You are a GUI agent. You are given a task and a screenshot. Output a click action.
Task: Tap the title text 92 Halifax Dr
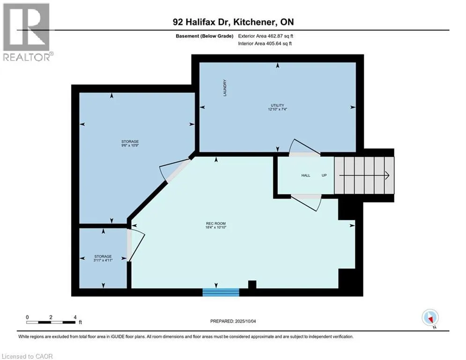point(201,22)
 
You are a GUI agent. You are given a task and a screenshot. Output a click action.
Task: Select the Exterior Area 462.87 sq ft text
point(266,36)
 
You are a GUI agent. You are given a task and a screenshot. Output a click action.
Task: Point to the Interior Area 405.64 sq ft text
point(265,44)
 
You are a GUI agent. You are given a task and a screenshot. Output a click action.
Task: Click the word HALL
point(305,175)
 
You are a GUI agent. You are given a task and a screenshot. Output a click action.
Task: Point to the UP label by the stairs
point(324,175)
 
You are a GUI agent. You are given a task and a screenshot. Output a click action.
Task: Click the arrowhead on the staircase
point(387,175)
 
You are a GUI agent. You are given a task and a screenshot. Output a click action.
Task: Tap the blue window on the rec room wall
point(221,292)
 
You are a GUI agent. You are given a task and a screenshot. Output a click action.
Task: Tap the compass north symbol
point(429,318)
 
